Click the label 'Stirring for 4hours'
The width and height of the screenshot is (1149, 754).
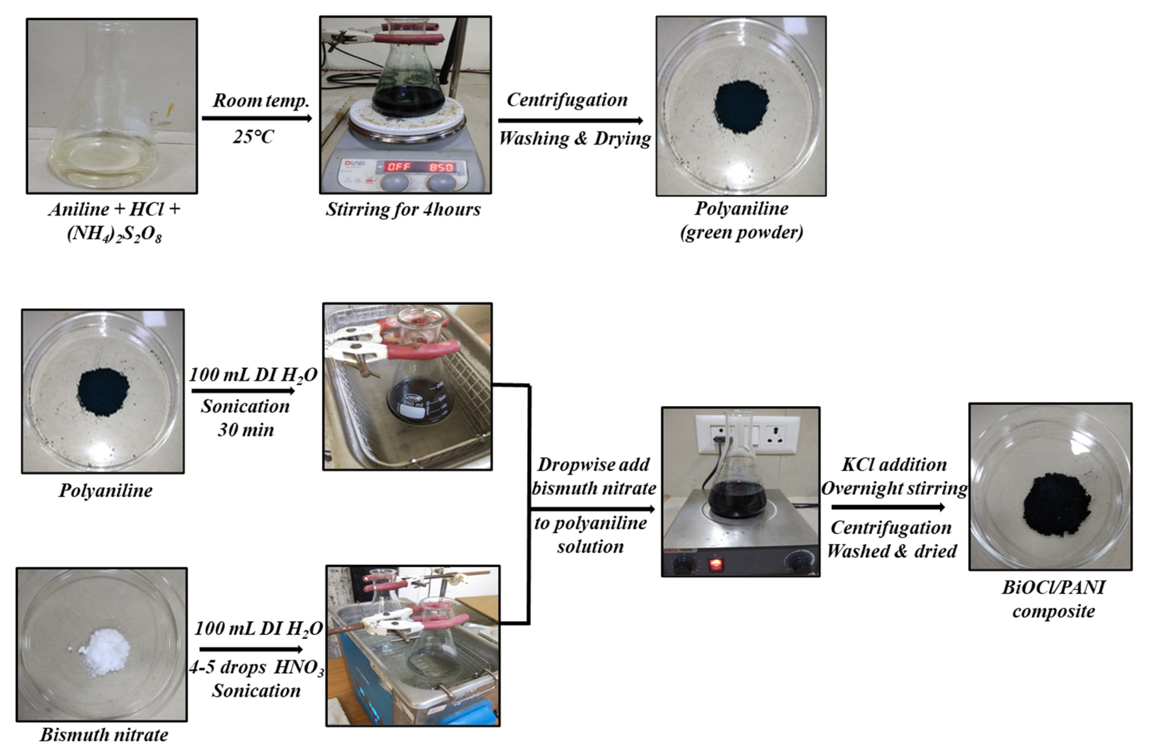tap(403, 209)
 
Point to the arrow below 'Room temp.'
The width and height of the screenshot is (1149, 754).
tap(257, 118)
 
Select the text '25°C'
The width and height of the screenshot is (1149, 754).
tap(253, 137)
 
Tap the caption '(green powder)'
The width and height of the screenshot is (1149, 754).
tap(742, 232)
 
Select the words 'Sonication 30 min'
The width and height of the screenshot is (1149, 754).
tap(245, 418)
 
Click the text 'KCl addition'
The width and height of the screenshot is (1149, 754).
tap(894, 465)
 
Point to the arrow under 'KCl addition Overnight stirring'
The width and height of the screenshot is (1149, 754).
tap(888, 507)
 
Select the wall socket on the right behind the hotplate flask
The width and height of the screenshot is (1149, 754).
tap(774, 438)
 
